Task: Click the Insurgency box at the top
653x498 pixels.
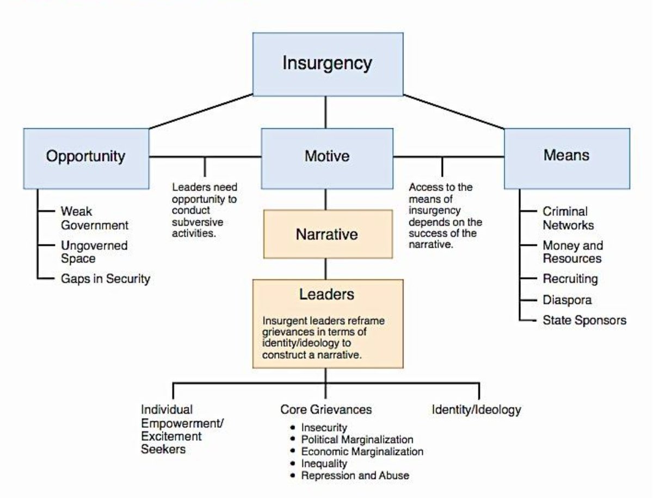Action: pyautogui.click(x=327, y=64)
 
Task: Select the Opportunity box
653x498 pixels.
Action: pyautogui.click(x=85, y=157)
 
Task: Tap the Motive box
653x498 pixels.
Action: pyautogui.click(x=326, y=157)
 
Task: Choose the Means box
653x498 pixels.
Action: pyautogui.click(x=566, y=156)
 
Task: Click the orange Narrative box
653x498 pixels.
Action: pyautogui.click(x=327, y=234)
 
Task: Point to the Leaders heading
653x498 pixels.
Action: pyautogui.click(x=326, y=295)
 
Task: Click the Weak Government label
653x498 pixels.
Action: pyautogui.click(x=95, y=218)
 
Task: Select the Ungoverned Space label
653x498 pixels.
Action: pyautogui.click(x=94, y=252)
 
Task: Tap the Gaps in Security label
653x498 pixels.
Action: pyautogui.click(x=105, y=279)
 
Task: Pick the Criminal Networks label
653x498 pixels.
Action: pyautogui.click(x=568, y=218)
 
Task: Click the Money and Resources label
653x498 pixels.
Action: pyautogui.click(x=572, y=252)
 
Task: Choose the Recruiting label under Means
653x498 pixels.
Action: pyautogui.click(x=570, y=279)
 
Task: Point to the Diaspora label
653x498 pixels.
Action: pyautogui.click(x=566, y=300)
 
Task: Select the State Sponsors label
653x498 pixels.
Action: pyautogui.click(x=584, y=320)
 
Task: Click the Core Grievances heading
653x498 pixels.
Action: pyautogui.click(x=326, y=409)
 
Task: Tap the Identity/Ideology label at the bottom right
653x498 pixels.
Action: pyautogui.click(x=476, y=409)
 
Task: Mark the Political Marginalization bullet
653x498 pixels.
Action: pyautogui.click(x=357, y=439)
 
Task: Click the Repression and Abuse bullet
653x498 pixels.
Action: pyautogui.click(x=355, y=476)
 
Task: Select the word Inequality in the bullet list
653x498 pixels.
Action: pyautogui.click(x=324, y=464)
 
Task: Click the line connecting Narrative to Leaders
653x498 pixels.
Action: pyautogui.click(x=326, y=269)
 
